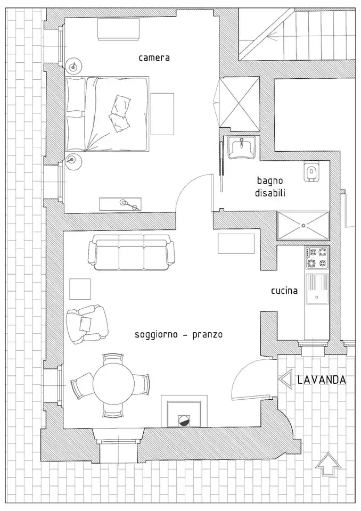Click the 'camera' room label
pos(154,57)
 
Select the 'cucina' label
pos(284,291)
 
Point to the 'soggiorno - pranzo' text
pos(178,335)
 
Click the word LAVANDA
pos(322,380)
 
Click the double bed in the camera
pos(106,114)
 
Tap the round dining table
pos(113,383)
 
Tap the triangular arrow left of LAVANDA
pos(285,380)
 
